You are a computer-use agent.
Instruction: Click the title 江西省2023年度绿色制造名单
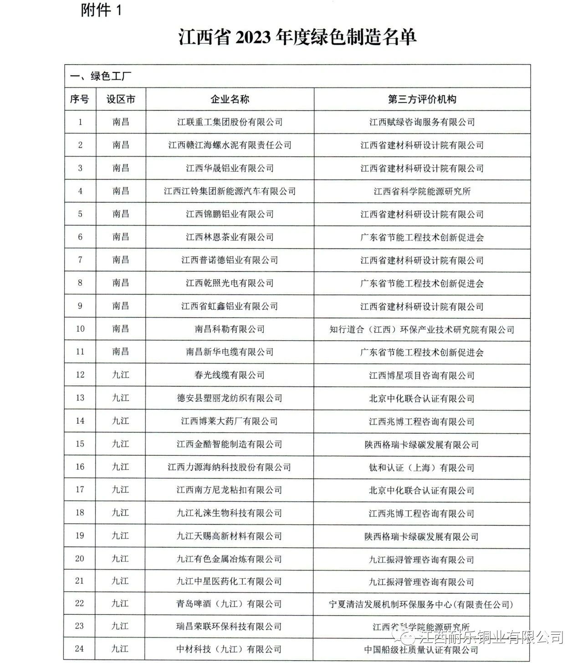pos(297,37)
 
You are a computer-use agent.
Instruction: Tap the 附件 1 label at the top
pos(101,10)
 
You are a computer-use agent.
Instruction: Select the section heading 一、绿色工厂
pos(100,76)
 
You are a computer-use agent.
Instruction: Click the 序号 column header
pos(80,99)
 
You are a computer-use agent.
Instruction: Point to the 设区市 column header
pos(121,99)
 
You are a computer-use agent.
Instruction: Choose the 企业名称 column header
pos(230,99)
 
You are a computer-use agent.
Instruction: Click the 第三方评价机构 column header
pos(422,99)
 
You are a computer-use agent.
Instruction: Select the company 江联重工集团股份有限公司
pos(230,122)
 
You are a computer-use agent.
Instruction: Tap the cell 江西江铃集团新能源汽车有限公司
pos(230,191)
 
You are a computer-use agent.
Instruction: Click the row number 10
pos(80,329)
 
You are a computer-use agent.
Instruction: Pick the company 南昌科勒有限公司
pos(230,329)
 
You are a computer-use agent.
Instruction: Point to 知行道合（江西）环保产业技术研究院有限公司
pos(422,329)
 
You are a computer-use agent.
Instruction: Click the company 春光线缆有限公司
pos(230,375)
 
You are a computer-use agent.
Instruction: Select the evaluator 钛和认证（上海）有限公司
pos(422,468)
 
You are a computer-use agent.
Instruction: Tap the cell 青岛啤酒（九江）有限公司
pos(230,604)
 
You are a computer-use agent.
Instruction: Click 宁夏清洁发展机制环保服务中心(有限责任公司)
pos(422,605)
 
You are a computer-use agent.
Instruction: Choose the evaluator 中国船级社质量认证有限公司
pos(422,650)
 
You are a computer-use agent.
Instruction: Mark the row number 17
pos(80,490)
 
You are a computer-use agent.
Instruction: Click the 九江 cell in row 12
pos(121,375)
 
